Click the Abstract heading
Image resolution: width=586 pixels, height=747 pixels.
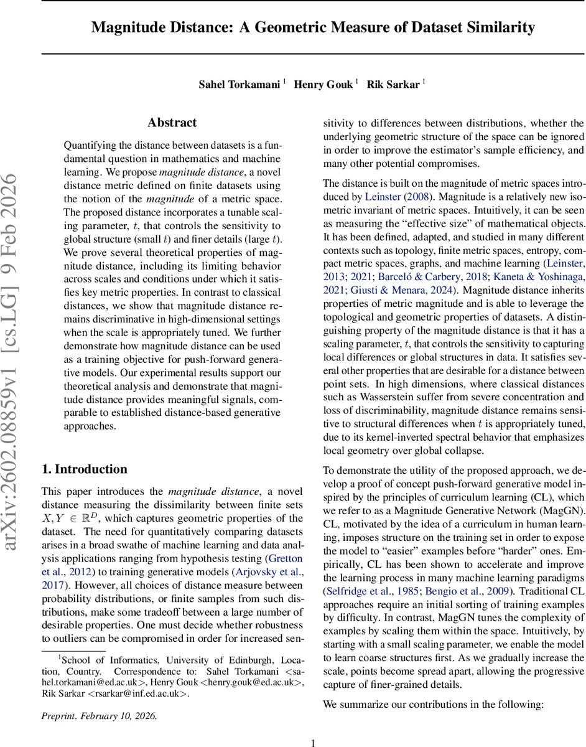tap(172, 123)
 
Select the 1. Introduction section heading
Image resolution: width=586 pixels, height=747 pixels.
tap(84, 469)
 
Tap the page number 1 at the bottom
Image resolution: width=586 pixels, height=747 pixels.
tap(313, 742)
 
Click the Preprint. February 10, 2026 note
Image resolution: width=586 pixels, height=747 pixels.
tap(100, 716)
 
